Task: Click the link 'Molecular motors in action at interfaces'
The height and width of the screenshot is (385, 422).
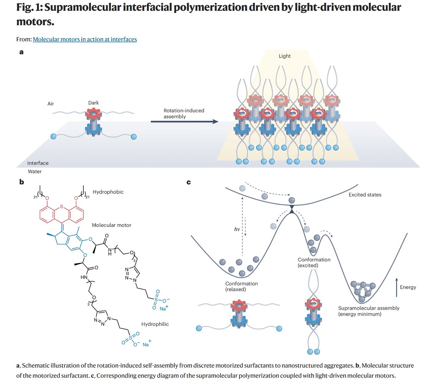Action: click(x=85, y=39)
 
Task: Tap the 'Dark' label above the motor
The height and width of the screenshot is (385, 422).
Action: click(x=94, y=103)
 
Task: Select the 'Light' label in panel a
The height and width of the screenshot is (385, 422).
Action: click(x=284, y=56)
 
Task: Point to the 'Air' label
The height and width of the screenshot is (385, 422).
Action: click(x=51, y=104)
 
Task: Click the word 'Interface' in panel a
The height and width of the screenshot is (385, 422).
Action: click(x=38, y=163)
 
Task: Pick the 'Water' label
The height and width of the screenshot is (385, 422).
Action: click(x=35, y=171)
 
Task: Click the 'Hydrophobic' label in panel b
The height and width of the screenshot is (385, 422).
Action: click(x=108, y=192)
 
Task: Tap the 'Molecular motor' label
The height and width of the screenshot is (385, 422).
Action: click(x=111, y=225)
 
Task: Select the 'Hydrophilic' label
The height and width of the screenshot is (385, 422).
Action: click(x=155, y=324)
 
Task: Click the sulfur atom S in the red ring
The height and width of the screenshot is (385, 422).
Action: click(x=62, y=207)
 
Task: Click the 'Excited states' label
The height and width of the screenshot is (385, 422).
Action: click(x=365, y=194)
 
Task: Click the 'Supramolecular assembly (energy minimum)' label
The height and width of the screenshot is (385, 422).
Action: click(x=369, y=311)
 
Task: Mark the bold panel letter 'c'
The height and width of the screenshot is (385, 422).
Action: click(x=188, y=182)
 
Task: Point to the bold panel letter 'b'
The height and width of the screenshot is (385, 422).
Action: click(x=21, y=182)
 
